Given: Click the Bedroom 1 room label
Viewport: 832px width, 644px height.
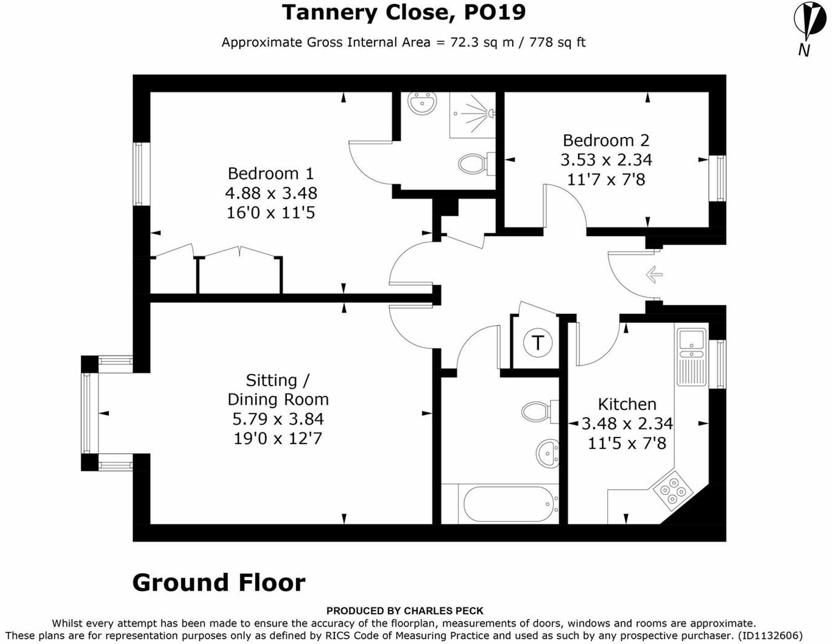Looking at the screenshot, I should [271, 174].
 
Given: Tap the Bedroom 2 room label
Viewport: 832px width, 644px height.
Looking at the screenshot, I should [606, 140].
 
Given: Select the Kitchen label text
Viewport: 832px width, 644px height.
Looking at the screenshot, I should [627, 404].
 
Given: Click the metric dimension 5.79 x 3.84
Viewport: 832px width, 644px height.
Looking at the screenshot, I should [278, 419].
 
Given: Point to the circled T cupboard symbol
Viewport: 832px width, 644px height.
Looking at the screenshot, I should [538, 342].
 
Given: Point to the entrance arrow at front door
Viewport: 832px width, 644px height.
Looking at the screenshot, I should [654, 275].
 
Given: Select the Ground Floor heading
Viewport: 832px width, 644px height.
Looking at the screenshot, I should [218, 583].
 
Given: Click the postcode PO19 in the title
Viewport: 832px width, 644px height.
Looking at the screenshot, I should [495, 12].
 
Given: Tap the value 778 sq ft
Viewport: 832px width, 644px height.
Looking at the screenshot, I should [557, 42].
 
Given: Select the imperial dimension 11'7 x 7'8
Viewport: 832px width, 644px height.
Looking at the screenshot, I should [606, 180].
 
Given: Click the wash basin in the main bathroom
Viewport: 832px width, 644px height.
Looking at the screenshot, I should [548, 454].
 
